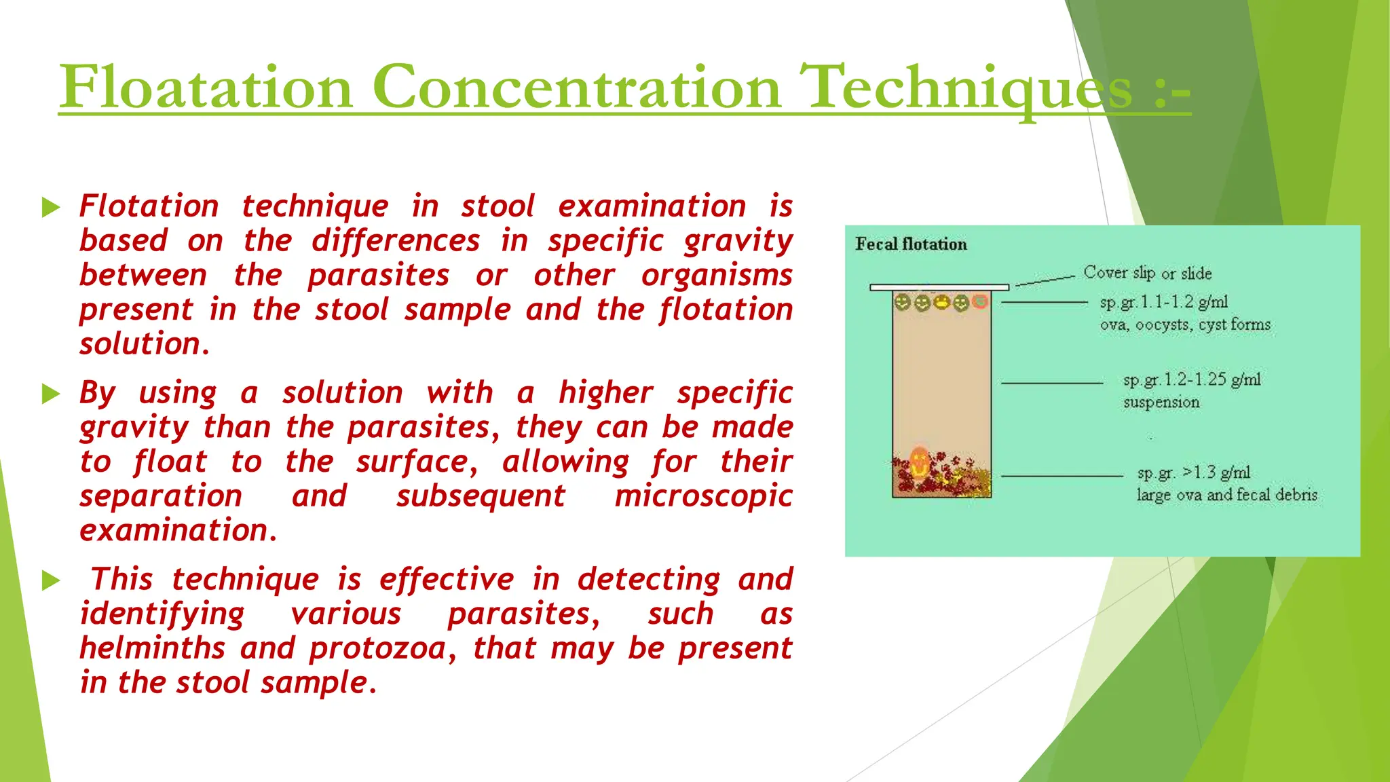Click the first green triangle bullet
pos(51,207)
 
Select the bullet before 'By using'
pos(51,394)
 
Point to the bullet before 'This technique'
pos(51,580)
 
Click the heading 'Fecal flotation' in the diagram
pos(911,244)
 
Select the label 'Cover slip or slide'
pos(1147,273)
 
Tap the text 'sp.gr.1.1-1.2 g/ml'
pos(1164,302)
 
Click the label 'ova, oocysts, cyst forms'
pos(1185,324)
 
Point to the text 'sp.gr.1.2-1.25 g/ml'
pos(1192,379)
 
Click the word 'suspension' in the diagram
pos(1161,403)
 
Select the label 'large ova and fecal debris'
pos(1226,495)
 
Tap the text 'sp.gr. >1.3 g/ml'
pos(1194,472)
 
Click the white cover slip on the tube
pos(939,287)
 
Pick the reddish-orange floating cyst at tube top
pos(979,301)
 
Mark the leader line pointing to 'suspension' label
pos(1051,383)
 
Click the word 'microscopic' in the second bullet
pos(703,496)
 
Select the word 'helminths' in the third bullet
pos(153,648)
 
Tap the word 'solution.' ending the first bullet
pos(145,344)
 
